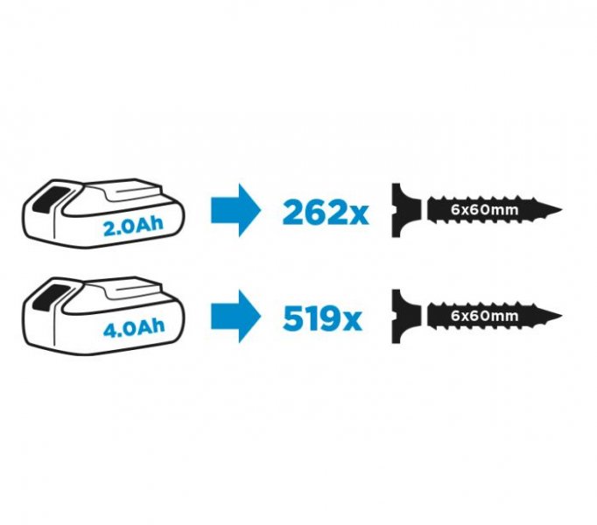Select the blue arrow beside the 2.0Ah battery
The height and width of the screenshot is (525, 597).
click(236, 211)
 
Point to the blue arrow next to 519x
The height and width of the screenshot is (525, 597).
click(236, 316)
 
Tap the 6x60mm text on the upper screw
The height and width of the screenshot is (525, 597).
click(485, 210)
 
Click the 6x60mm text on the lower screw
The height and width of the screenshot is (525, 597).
click(485, 316)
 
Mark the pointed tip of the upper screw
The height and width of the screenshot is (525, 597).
click(562, 209)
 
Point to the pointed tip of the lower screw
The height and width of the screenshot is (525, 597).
click(562, 316)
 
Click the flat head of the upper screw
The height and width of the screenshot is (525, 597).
click(397, 210)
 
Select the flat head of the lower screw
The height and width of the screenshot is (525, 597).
click(397, 316)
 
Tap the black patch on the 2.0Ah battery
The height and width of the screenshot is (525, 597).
click(50, 199)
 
